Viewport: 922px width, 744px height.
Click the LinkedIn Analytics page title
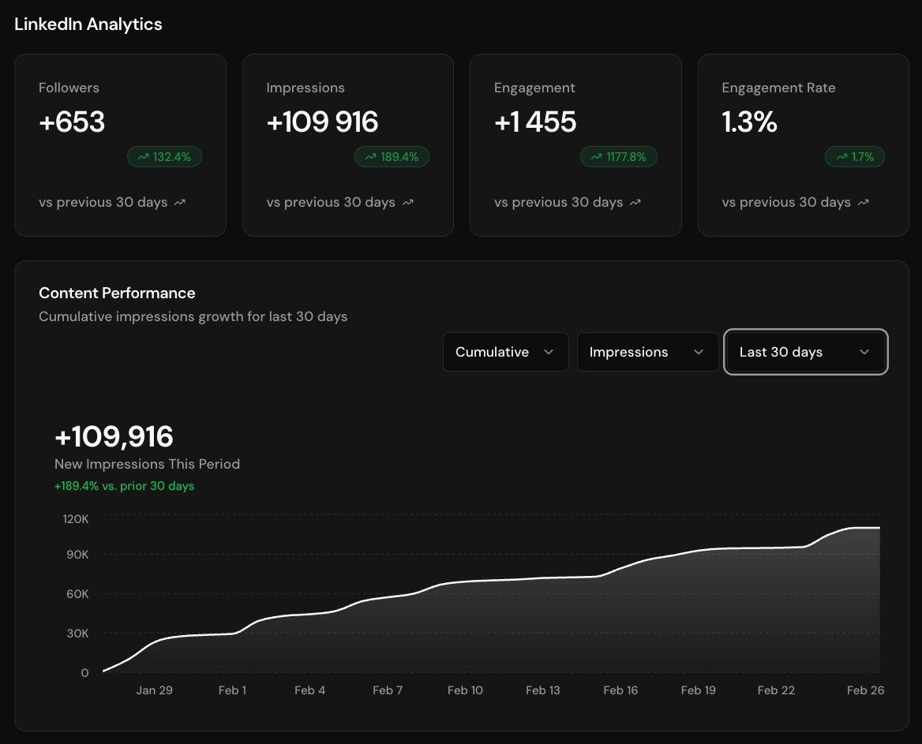(x=88, y=24)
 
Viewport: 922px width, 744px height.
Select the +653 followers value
(x=72, y=122)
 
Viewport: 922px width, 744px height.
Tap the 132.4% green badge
(x=164, y=157)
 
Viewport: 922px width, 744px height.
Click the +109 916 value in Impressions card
(x=322, y=122)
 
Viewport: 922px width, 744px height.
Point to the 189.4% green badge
(x=392, y=157)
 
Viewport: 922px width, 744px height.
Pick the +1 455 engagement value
(x=535, y=122)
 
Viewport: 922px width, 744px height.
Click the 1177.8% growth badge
(x=619, y=157)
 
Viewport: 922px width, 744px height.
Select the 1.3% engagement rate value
(x=749, y=122)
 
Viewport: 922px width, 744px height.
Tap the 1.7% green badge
(x=855, y=157)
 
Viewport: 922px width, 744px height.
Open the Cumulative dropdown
(x=505, y=352)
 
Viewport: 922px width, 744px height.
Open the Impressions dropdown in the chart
(x=647, y=352)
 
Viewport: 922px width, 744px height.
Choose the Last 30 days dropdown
(x=805, y=352)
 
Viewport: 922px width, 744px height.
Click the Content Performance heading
(x=117, y=293)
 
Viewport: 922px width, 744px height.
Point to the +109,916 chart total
(x=114, y=437)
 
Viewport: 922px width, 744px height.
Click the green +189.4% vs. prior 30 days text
(x=124, y=486)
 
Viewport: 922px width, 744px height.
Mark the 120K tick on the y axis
(x=76, y=519)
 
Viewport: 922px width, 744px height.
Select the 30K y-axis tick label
(x=77, y=634)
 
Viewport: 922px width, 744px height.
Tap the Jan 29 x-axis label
(x=154, y=690)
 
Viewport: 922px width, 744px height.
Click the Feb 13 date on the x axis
(x=542, y=690)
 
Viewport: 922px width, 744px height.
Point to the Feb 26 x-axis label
(x=865, y=690)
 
